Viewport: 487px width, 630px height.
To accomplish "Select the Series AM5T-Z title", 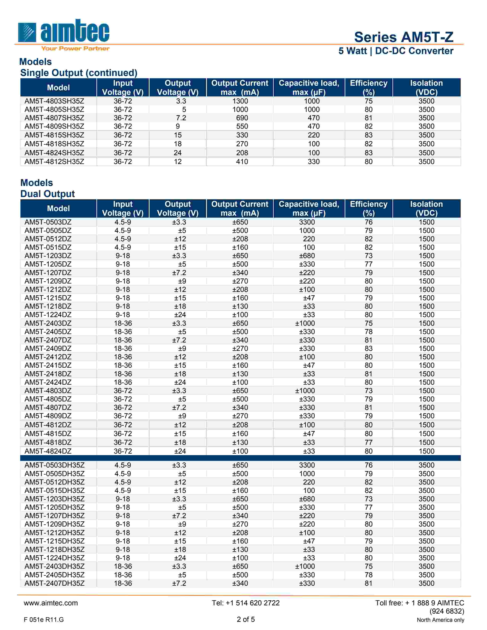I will pyautogui.click(x=403, y=37).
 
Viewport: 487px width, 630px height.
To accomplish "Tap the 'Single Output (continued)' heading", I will pyautogui.click(x=78, y=73).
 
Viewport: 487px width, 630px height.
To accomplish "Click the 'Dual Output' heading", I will pyautogui.click(x=47, y=194).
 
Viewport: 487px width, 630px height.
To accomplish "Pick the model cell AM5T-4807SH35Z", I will pyautogui.click(x=54, y=118).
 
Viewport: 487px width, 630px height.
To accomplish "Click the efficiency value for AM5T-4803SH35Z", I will pyautogui.click(x=368, y=101).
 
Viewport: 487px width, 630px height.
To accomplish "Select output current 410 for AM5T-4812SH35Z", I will pyautogui.click(x=242, y=162).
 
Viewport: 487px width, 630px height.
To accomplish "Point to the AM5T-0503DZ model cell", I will pyautogui.click(x=48, y=222).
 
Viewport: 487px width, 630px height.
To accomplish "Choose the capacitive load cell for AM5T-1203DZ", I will pyautogui.click(x=307, y=256).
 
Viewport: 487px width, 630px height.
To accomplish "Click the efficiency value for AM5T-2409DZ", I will pyautogui.click(x=368, y=348).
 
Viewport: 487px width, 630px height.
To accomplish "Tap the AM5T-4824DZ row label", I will pyautogui.click(x=48, y=451).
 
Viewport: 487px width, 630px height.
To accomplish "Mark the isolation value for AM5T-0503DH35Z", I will pyautogui.click(x=426, y=465).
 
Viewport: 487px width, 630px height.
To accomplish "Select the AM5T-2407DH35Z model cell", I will pyautogui.click(x=54, y=583).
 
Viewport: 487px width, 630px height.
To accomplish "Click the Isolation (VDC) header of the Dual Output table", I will pyautogui.click(x=426, y=208).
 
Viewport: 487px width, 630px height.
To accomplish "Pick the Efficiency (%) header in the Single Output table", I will pyautogui.click(x=368, y=87).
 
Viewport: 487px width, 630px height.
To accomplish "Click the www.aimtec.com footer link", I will pyautogui.click(x=51, y=603).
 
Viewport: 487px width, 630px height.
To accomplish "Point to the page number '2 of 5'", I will pyautogui.click(x=246, y=619).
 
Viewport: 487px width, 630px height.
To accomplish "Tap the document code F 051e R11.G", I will pyautogui.click(x=44, y=620).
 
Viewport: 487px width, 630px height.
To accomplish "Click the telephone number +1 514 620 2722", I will pyautogui.click(x=246, y=603).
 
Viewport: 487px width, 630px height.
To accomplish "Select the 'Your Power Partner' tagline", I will pyautogui.click(x=75, y=48).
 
